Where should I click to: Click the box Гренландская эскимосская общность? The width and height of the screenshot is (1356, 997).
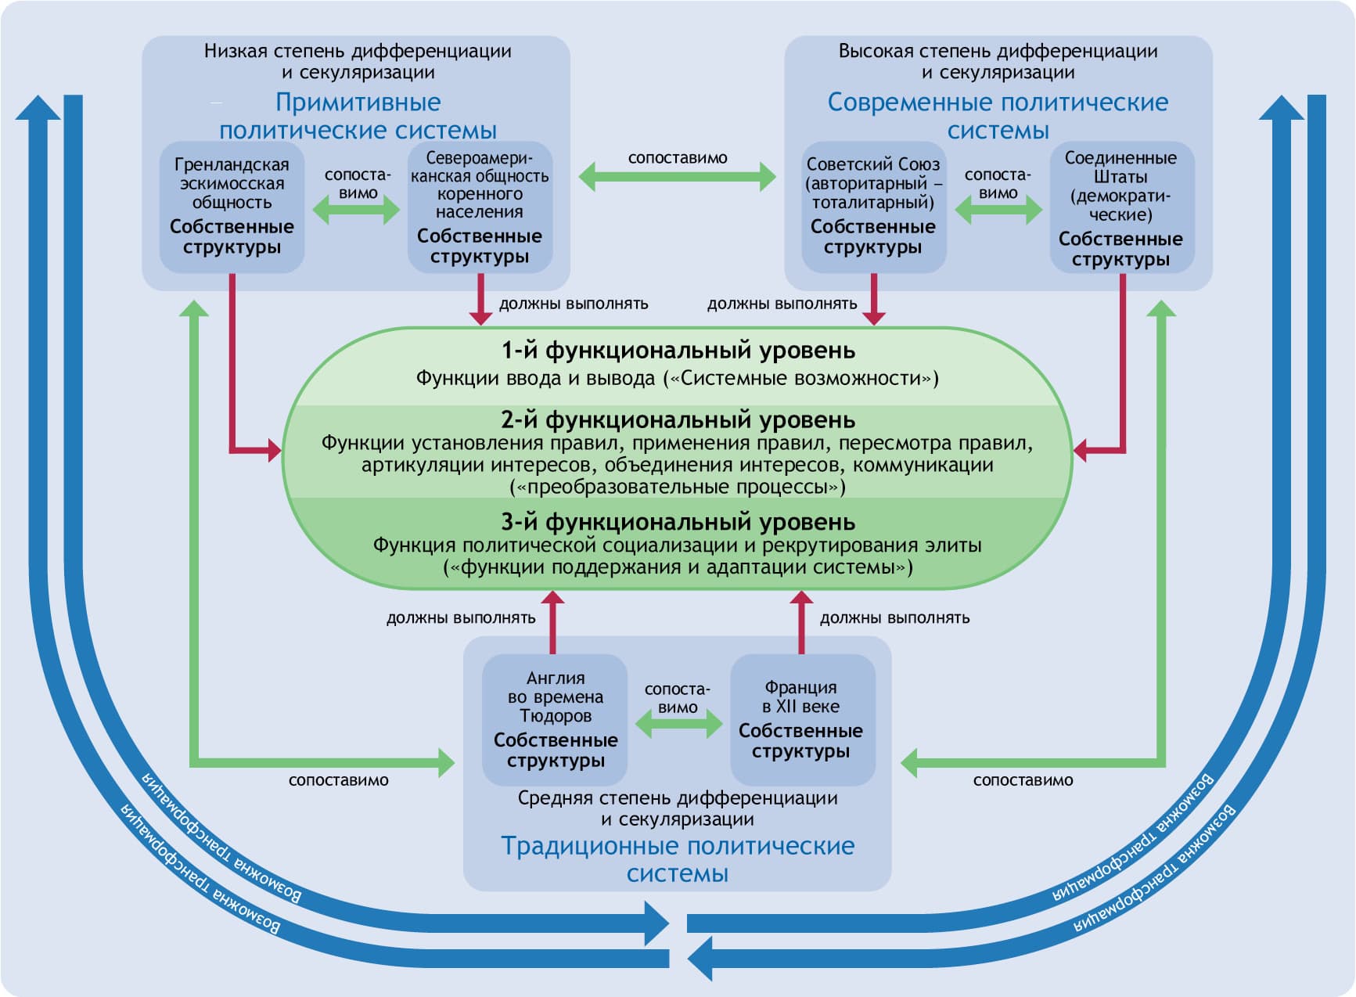pos(232,207)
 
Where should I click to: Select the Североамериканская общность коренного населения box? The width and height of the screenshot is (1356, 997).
pos(480,207)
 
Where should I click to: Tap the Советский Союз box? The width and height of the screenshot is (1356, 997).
pos(873,207)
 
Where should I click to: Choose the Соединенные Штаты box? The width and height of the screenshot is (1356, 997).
pos(1121,207)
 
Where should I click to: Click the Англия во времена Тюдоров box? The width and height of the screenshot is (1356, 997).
pos(555,719)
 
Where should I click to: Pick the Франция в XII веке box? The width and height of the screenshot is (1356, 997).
pos(801,719)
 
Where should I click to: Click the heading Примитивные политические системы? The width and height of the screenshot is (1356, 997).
pos(358,116)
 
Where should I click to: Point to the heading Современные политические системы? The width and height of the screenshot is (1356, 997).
pos(998,116)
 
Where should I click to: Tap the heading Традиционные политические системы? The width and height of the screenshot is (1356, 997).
pos(678,859)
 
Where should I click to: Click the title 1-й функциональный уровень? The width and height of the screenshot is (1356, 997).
pos(678,351)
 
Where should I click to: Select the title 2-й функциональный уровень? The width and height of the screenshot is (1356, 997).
pos(678,420)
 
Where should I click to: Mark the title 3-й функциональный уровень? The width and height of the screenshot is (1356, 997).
pos(678,522)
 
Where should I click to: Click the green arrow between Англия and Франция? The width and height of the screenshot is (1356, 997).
pos(678,725)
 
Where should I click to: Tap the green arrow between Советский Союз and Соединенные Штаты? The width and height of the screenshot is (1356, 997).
pos(998,210)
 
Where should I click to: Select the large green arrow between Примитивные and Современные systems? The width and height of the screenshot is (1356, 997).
pos(678,177)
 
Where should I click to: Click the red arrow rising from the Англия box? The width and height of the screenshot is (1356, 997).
pos(553,622)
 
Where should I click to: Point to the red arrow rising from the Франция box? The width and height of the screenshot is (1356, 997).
pos(800,622)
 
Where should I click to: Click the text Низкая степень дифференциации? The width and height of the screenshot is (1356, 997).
pos(358,52)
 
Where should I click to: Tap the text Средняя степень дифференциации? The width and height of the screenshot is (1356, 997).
pos(678,799)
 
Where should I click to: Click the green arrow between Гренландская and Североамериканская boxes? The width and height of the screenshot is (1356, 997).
pos(356,210)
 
